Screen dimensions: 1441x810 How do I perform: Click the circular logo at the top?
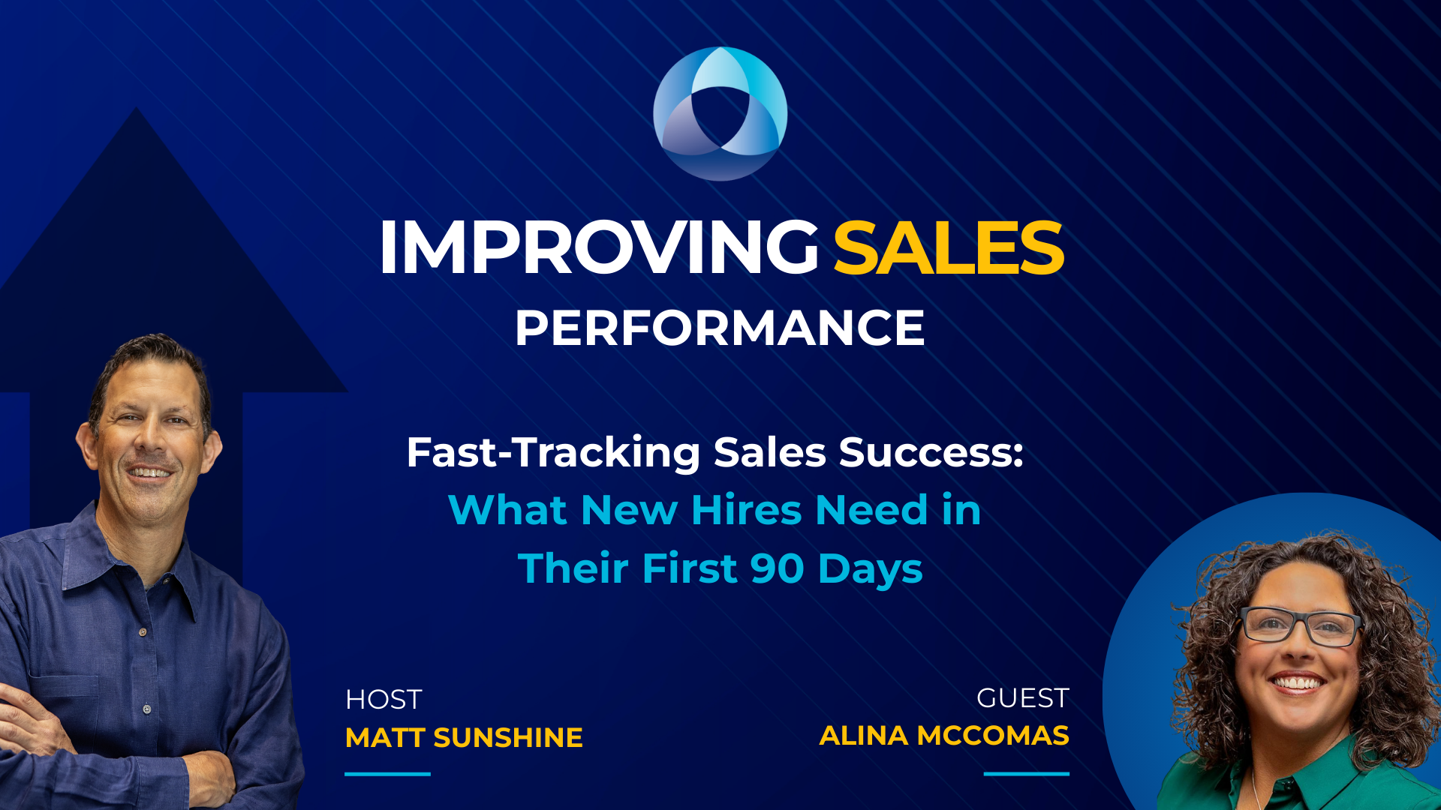[x=720, y=113]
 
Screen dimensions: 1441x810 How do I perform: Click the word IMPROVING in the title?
[x=599, y=247]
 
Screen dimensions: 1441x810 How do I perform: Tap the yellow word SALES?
[x=949, y=247]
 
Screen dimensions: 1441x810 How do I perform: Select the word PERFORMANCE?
[x=720, y=328]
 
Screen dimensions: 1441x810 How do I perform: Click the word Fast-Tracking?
[x=554, y=452]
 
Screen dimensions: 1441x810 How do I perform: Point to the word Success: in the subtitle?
[x=931, y=452]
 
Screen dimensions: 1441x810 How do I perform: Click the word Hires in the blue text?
[x=747, y=510]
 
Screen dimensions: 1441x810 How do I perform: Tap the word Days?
[x=871, y=569]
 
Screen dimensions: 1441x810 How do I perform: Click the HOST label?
[x=384, y=700]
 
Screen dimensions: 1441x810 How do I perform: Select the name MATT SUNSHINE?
[x=464, y=738]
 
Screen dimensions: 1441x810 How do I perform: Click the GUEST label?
[x=1023, y=698]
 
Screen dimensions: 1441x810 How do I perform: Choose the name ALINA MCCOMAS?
[x=944, y=736]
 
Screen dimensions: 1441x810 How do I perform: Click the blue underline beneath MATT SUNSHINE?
[x=387, y=773]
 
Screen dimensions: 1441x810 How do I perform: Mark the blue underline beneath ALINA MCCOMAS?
[x=1027, y=773]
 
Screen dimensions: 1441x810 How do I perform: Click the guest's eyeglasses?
[x=1301, y=626]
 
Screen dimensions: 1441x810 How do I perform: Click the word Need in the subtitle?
[x=871, y=510]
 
